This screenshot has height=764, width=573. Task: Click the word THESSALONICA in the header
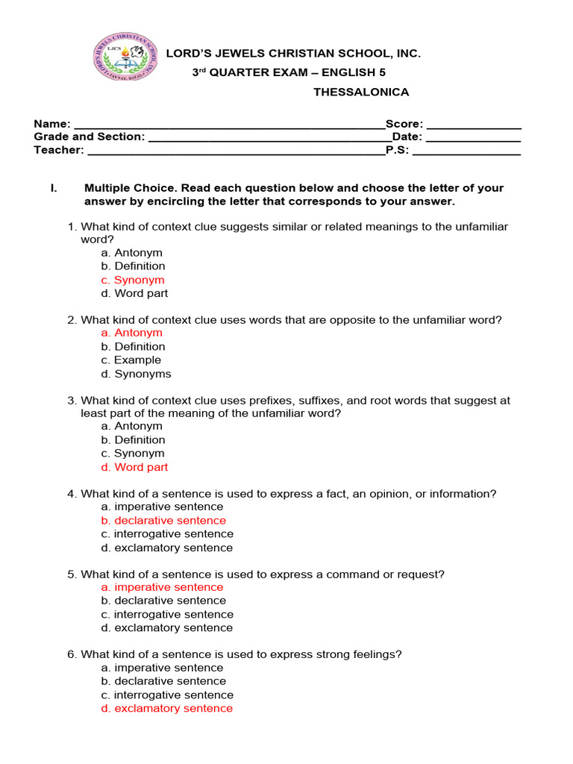tap(361, 92)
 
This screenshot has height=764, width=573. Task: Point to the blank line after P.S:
tap(466, 151)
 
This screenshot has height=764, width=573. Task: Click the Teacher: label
tap(59, 150)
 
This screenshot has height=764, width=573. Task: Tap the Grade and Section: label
tap(89, 137)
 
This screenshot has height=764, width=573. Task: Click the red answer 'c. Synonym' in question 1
tap(133, 280)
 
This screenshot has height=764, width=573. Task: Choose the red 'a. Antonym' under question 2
tap(131, 333)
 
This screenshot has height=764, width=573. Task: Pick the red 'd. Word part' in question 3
tap(134, 467)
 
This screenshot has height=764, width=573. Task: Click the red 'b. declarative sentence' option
tap(163, 520)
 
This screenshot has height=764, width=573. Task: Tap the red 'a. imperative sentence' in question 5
tap(162, 587)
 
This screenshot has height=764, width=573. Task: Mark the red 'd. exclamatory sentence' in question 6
tap(166, 708)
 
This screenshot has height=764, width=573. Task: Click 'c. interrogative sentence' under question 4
tap(167, 534)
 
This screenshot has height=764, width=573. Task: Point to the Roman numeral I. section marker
tap(54, 188)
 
